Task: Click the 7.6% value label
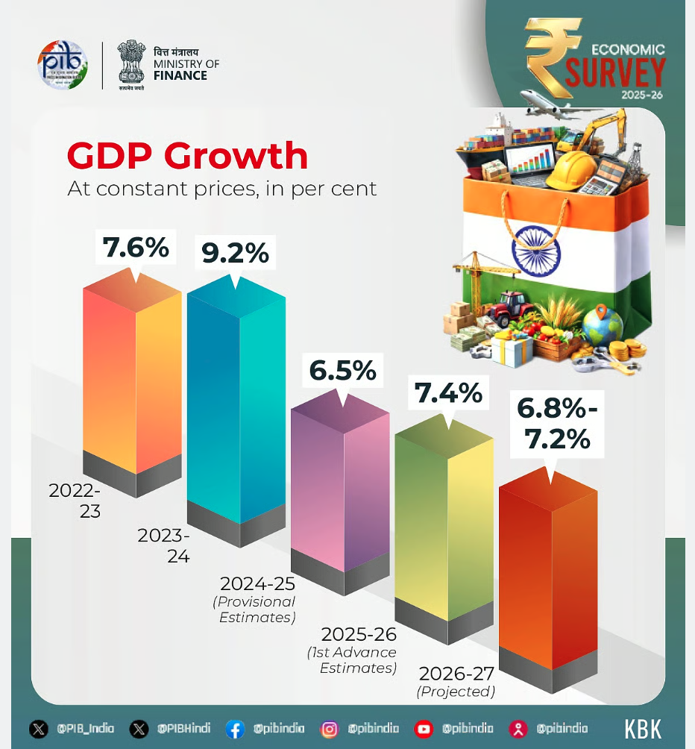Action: coord(136,248)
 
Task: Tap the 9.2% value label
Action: coord(235,254)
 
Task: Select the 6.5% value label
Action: coord(343,370)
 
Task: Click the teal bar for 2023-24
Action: coord(236,403)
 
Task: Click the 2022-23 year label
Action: coord(75,501)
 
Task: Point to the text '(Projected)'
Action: coord(456,692)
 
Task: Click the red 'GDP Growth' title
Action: coord(187,156)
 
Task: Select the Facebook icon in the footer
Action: coord(234,729)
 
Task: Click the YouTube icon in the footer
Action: coord(424,729)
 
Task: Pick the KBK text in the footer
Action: coord(643,729)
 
